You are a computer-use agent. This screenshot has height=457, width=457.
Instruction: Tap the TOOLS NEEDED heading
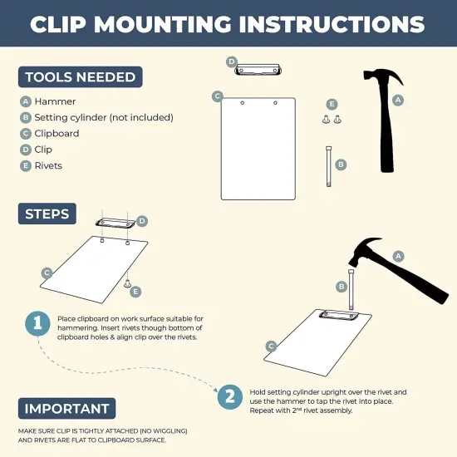click(x=80, y=77)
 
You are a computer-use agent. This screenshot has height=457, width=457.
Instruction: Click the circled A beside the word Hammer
click(x=26, y=102)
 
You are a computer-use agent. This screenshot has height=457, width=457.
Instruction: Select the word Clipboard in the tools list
click(x=57, y=134)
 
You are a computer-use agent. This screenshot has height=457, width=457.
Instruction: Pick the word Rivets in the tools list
click(x=48, y=165)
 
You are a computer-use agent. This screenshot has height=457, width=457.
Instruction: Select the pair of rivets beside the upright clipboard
click(x=332, y=120)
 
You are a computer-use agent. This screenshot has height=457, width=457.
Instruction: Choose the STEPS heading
click(x=47, y=213)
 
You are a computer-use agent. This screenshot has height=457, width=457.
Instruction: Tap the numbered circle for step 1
click(x=37, y=324)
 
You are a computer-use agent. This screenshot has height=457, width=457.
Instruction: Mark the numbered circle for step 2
click(x=230, y=396)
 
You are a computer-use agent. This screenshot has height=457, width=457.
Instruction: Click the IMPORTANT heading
click(x=66, y=409)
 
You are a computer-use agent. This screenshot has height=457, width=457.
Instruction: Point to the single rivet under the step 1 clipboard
click(x=128, y=285)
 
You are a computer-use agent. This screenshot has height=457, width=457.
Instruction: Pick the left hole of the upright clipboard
click(x=242, y=103)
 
